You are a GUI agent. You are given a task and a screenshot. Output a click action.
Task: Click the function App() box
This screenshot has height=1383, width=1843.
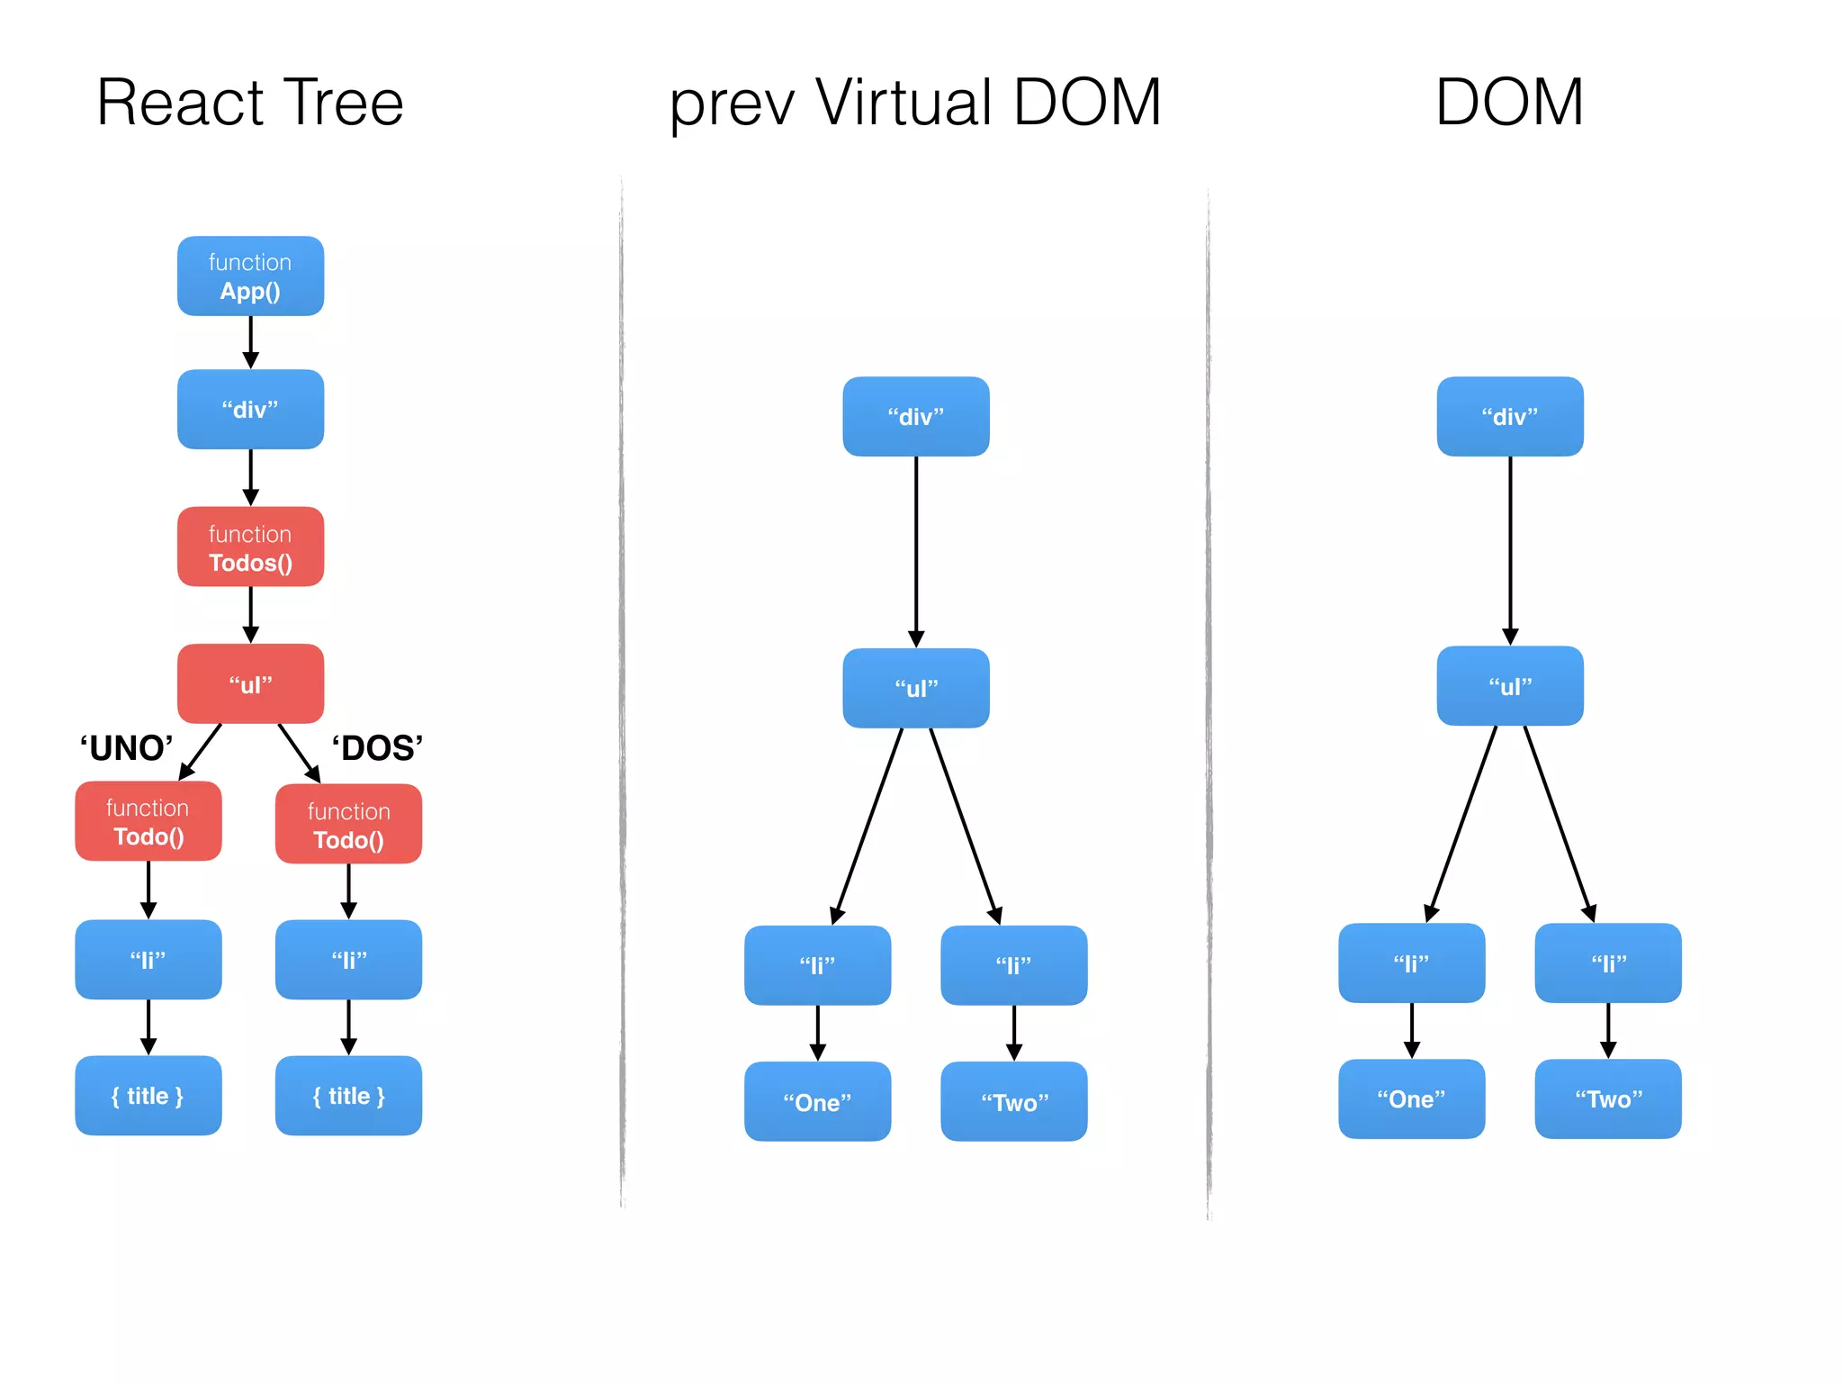[250, 276]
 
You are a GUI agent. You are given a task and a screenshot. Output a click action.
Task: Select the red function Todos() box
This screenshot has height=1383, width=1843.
[250, 547]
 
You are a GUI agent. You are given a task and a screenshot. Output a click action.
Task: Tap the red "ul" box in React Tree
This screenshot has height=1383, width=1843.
[250, 683]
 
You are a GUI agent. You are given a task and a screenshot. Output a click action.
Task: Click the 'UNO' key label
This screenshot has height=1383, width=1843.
[126, 748]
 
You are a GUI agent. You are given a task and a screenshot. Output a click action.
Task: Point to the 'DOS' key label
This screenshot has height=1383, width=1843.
[377, 748]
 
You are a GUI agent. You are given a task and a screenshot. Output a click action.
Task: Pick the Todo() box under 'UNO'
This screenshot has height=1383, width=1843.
[148, 821]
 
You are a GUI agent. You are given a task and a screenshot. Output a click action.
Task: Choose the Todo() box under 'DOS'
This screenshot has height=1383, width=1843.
[348, 824]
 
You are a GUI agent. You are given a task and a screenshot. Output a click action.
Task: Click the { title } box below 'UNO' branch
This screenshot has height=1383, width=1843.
[148, 1096]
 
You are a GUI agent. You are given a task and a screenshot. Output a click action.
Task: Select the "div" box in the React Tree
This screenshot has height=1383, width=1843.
[250, 409]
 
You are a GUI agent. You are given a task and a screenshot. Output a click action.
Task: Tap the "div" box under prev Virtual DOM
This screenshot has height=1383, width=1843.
[916, 416]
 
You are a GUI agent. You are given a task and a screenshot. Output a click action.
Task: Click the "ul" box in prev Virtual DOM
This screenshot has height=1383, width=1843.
[916, 688]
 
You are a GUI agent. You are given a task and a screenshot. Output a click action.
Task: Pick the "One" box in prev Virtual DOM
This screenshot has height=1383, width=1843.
[817, 1101]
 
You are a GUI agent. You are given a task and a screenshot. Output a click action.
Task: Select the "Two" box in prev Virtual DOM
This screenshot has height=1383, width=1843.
[1014, 1101]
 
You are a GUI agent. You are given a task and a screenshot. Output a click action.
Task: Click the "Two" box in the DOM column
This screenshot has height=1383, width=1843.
[1608, 1098]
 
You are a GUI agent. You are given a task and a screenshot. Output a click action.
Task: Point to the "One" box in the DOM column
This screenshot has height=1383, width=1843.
[1411, 1098]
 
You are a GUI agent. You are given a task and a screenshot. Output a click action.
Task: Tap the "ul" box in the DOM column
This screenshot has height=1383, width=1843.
[1510, 685]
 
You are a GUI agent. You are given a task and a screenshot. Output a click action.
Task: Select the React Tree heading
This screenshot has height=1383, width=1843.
[250, 102]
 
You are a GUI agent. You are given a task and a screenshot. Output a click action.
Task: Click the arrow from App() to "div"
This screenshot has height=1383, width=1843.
[250, 342]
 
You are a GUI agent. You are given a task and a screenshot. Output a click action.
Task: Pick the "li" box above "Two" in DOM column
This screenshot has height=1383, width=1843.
[1608, 963]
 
